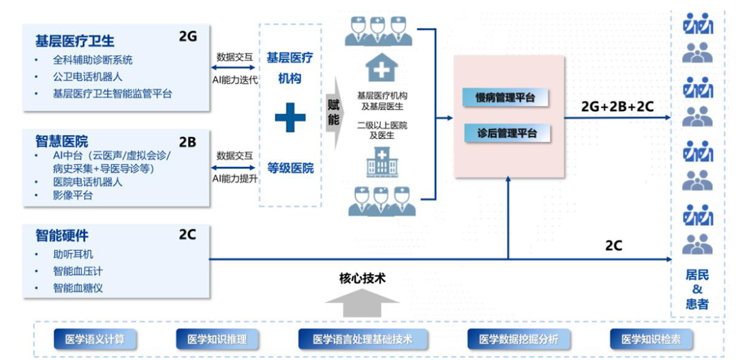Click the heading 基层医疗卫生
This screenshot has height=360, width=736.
(75, 40)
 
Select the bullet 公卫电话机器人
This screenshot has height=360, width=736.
(88, 77)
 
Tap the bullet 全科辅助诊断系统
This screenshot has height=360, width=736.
(93, 60)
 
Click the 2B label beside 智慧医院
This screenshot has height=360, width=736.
(187, 142)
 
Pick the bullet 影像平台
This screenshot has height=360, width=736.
(73, 196)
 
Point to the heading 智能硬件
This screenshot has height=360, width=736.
(62, 236)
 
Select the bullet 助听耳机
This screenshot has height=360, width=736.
(73, 254)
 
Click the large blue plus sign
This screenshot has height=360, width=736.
(290, 119)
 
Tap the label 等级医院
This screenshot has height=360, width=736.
(290, 168)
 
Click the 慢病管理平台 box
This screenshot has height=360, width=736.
(506, 97)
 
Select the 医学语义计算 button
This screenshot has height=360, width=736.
(95, 339)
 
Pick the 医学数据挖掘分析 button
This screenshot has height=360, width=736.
(518, 339)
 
